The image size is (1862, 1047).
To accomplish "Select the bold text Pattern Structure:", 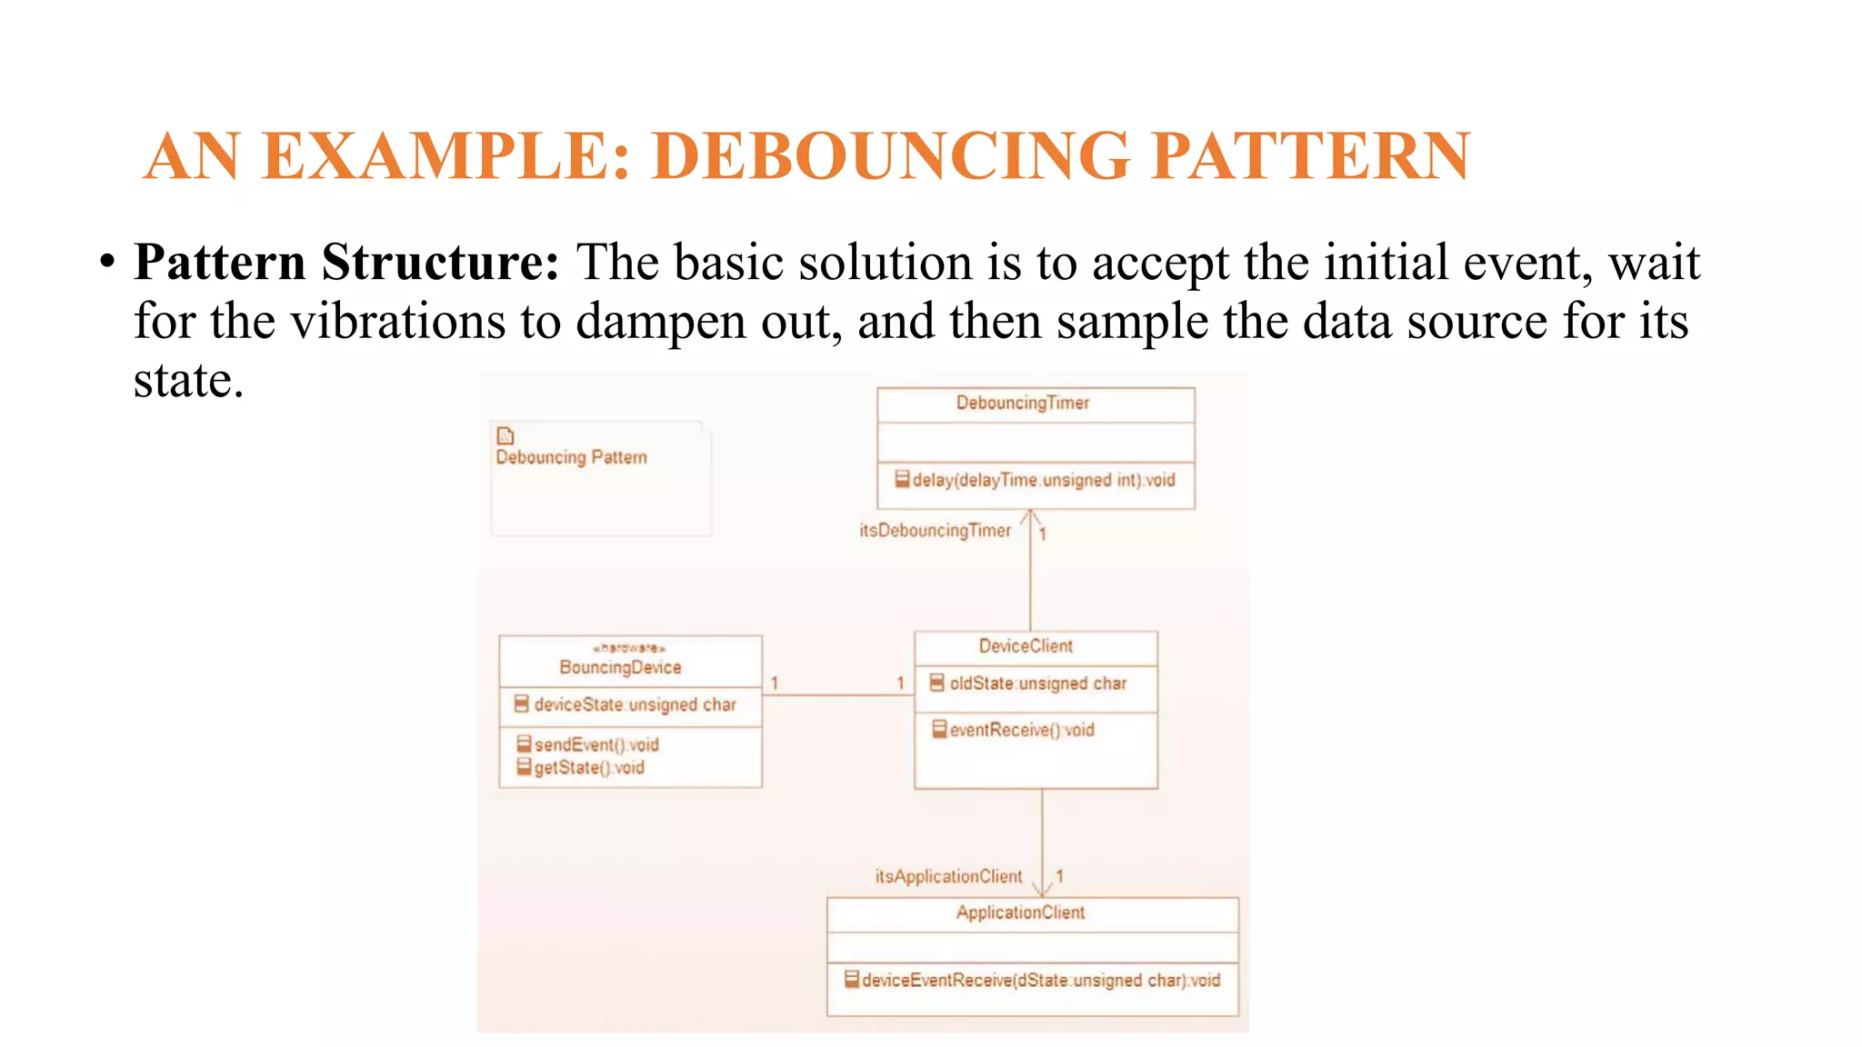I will click(x=346, y=263).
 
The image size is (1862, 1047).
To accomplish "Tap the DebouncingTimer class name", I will click(x=1022, y=403).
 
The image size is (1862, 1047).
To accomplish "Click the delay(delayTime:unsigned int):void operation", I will click(x=1043, y=480).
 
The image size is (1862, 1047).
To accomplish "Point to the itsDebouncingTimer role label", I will click(x=935, y=530).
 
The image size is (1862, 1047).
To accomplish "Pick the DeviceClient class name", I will click(x=1026, y=646).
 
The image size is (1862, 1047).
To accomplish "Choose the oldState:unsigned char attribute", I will click(x=1037, y=683).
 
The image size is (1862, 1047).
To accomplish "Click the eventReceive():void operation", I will click(x=1021, y=730).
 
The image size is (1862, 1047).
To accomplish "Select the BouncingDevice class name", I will click(x=620, y=667).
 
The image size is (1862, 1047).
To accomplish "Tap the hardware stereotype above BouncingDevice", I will click(x=629, y=648).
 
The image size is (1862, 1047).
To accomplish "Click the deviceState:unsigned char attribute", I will click(x=635, y=704).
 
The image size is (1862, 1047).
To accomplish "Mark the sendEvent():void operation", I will click(x=596, y=744).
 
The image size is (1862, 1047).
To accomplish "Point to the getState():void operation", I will click(x=588, y=768).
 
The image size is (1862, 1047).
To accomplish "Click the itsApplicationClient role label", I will click(x=948, y=876).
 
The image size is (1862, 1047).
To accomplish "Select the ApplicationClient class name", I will click(x=1020, y=912).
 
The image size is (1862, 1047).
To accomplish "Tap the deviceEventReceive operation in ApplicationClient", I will click(x=1040, y=980).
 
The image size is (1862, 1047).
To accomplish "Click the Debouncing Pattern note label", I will click(x=571, y=457).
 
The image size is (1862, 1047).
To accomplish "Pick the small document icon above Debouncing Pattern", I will click(x=506, y=435).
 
